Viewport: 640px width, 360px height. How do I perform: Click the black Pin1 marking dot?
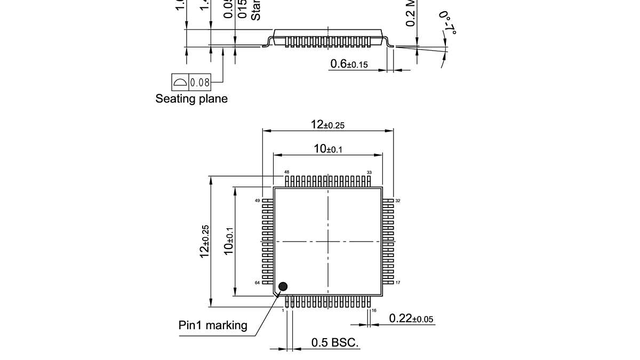point(283,287)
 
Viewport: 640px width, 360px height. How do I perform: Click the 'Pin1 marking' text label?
point(213,325)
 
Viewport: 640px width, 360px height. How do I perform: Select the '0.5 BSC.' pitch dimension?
point(335,343)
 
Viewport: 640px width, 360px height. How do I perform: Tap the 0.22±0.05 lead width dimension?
point(411,319)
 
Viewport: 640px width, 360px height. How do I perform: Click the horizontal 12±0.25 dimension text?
point(327,125)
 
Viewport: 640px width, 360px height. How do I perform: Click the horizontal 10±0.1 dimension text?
point(327,149)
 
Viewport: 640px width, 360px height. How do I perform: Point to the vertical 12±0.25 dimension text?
point(205,242)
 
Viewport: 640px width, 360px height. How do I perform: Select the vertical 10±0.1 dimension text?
point(229,242)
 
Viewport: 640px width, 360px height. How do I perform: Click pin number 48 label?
point(286,172)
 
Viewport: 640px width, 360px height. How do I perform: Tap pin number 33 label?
point(369,172)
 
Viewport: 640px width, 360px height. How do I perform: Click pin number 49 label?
point(257,201)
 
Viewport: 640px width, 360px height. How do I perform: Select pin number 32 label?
point(398,201)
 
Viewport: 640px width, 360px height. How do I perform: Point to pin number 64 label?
point(257,283)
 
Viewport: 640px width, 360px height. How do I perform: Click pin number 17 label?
point(398,283)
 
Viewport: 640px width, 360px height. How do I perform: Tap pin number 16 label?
point(374,310)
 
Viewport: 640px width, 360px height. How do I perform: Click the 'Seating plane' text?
point(191,99)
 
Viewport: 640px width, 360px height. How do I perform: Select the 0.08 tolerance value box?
point(200,82)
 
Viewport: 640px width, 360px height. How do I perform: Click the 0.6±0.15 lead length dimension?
point(349,65)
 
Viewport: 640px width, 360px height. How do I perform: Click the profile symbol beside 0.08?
point(180,82)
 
